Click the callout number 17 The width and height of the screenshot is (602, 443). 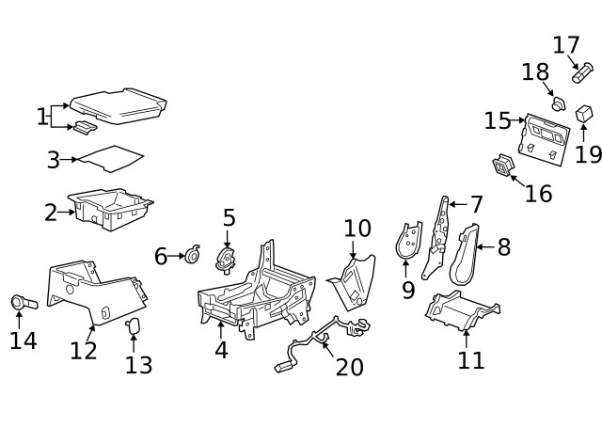click(x=565, y=44)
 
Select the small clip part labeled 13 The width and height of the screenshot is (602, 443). click(x=133, y=325)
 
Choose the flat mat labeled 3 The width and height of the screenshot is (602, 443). click(x=111, y=158)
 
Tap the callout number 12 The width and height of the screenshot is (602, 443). click(x=84, y=350)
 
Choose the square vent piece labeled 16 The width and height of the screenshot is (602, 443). click(x=504, y=166)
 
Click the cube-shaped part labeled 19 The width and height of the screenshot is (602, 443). click(x=583, y=114)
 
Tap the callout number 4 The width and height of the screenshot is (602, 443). click(x=220, y=350)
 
